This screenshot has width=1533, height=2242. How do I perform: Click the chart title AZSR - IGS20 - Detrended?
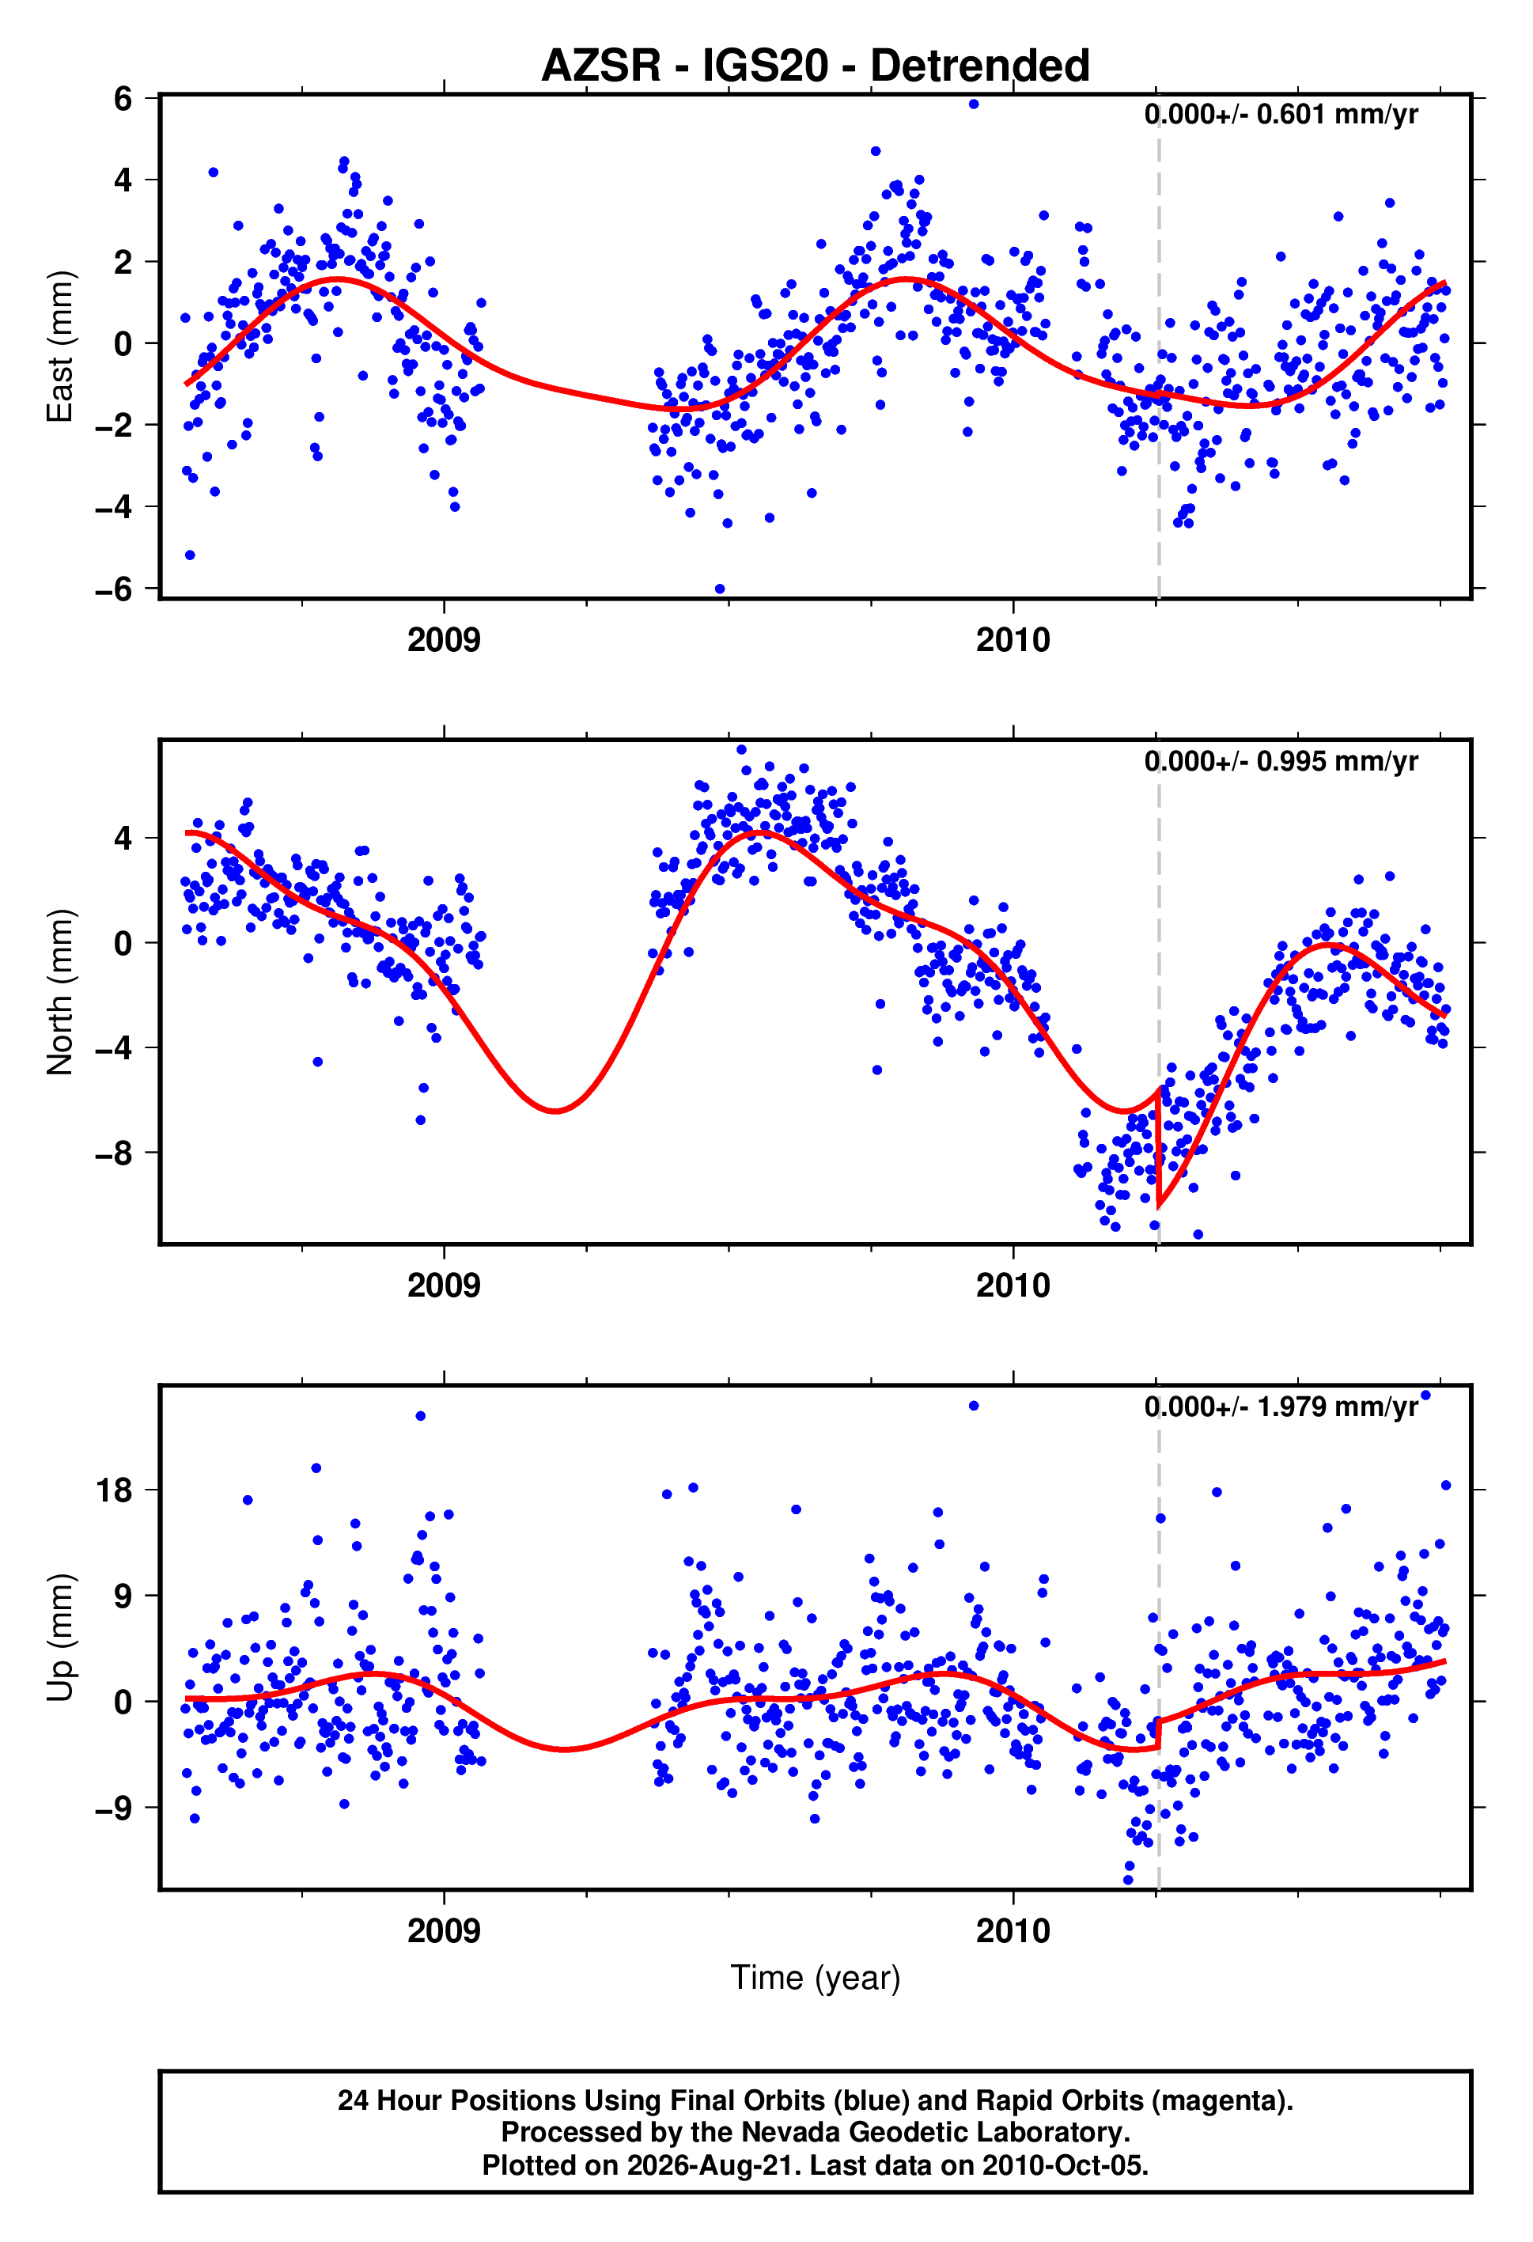pos(816,66)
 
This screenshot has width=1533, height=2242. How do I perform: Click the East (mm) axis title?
pos(60,347)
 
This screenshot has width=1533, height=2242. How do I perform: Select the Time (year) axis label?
pos(816,1978)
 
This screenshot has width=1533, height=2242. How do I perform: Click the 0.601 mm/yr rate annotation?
pos(1281,115)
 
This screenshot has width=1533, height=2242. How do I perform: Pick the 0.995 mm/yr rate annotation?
pos(1281,761)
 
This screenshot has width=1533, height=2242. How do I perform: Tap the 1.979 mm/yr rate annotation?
pos(1281,1407)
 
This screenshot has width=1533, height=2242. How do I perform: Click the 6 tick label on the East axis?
pos(123,98)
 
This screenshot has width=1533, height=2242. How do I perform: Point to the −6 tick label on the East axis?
pos(114,589)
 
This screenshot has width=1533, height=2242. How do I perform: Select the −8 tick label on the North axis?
pos(114,1153)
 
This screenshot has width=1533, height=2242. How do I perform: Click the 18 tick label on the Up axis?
pos(113,1490)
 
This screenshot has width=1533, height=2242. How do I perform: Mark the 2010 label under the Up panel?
pos(1013,1930)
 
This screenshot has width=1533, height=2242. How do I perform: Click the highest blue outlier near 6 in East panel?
pos(974,104)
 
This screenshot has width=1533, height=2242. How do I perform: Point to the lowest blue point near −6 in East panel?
pos(720,589)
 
